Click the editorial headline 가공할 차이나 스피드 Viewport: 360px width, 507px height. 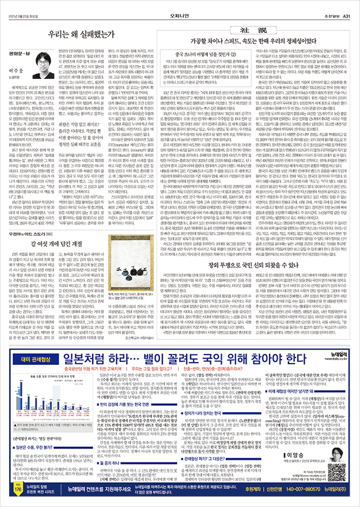pos(248,44)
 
